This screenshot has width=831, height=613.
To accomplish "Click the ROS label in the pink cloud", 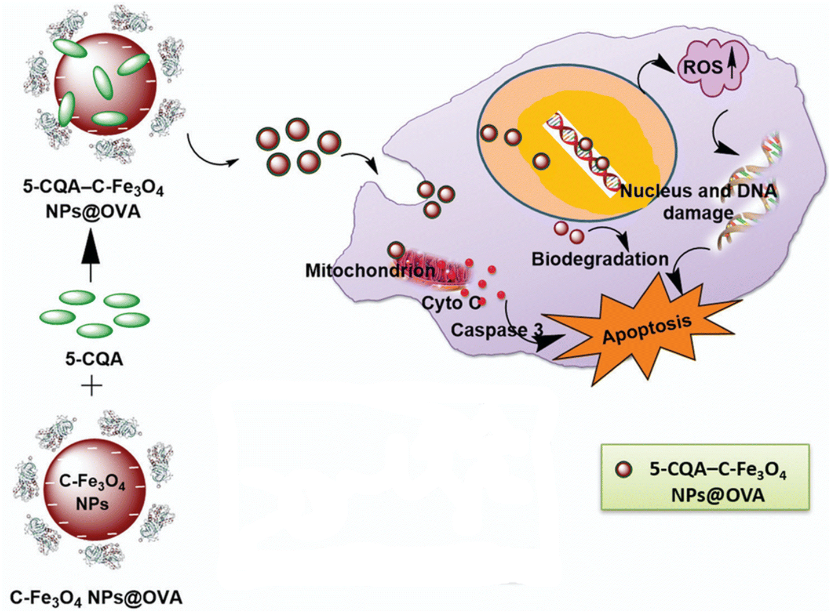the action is tap(702, 67).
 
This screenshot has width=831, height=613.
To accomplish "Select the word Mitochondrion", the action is tap(370, 271).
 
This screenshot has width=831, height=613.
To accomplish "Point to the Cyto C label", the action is tap(451, 303).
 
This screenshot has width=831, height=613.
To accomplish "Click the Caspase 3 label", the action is tap(497, 330).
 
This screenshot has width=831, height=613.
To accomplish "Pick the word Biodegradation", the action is tap(600, 259).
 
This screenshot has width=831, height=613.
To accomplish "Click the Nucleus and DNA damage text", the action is tap(698, 202).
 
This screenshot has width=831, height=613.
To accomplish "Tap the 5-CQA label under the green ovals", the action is tap(94, 359).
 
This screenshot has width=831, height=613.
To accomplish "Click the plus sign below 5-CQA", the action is tap(91, 387).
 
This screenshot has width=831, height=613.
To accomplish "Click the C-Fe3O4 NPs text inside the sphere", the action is tap(92, 492).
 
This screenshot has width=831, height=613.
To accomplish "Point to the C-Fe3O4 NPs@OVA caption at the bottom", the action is tap(96, 598).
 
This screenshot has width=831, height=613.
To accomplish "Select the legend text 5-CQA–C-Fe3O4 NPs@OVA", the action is tap(718, 482).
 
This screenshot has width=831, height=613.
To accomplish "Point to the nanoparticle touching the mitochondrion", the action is tap(396, 250).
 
